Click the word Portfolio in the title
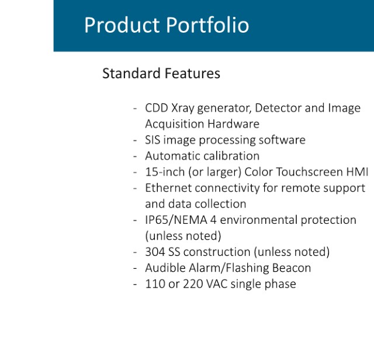[207, 25]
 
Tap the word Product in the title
[122, 25]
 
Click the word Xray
[183, 109]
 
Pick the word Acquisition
[174, 124]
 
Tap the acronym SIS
[153, 140]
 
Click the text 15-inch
[165, 172]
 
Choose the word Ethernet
[168, 188]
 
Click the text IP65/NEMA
[176, 220]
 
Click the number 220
[193, 284]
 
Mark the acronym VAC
[217, 284]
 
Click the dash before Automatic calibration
[135, 157]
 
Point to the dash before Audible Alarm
[135, 268]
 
